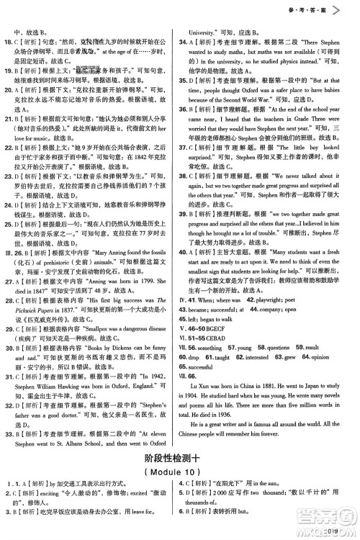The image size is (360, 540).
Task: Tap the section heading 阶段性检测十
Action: point(180,476)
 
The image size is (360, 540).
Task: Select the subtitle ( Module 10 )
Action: point(180,491)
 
